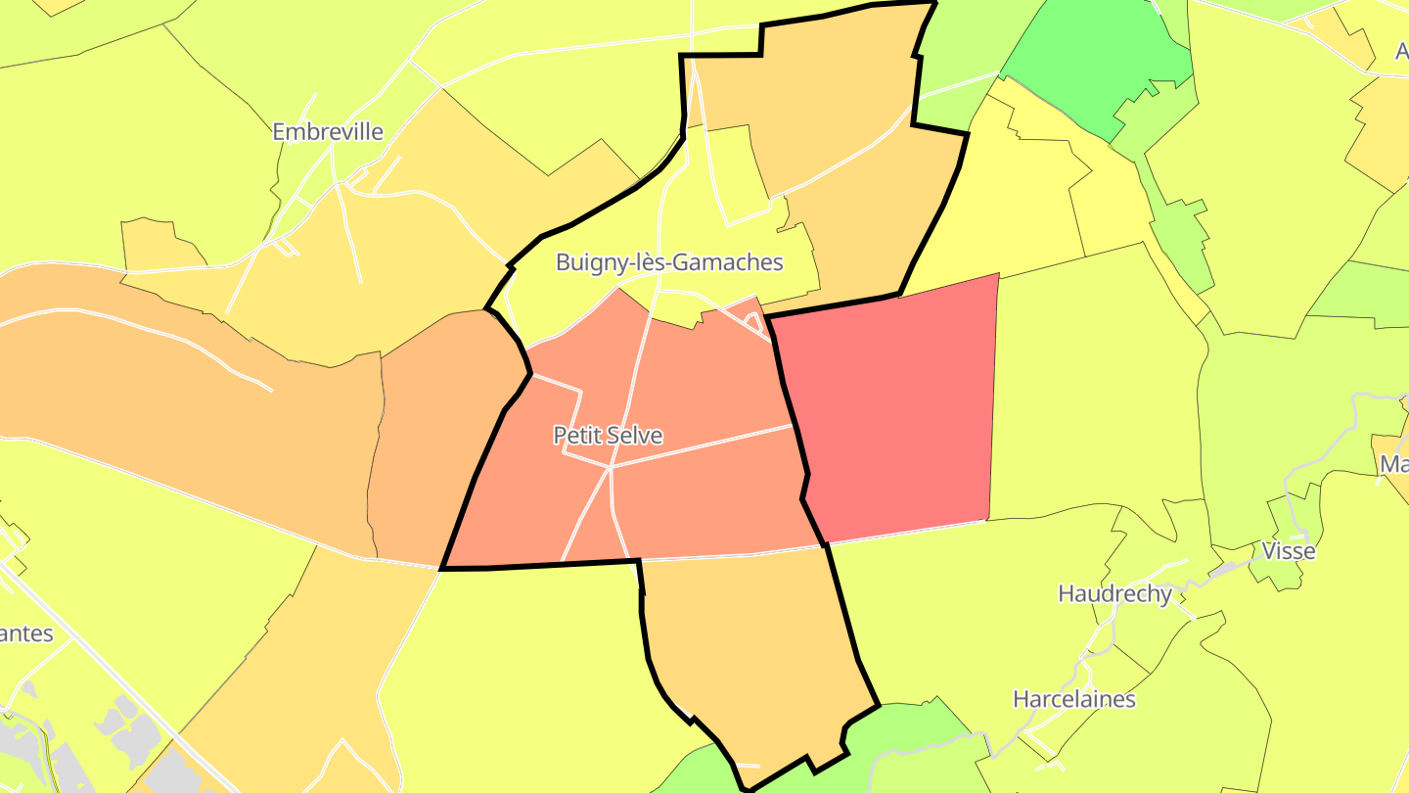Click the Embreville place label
328,131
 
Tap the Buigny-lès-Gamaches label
669,262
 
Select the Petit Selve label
608,435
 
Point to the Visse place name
1289,550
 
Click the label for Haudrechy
1114,593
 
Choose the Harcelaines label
1073,699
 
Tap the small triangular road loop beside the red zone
754,322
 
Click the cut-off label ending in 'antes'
25,633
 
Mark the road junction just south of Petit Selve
610,468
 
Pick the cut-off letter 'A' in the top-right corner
1401,52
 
